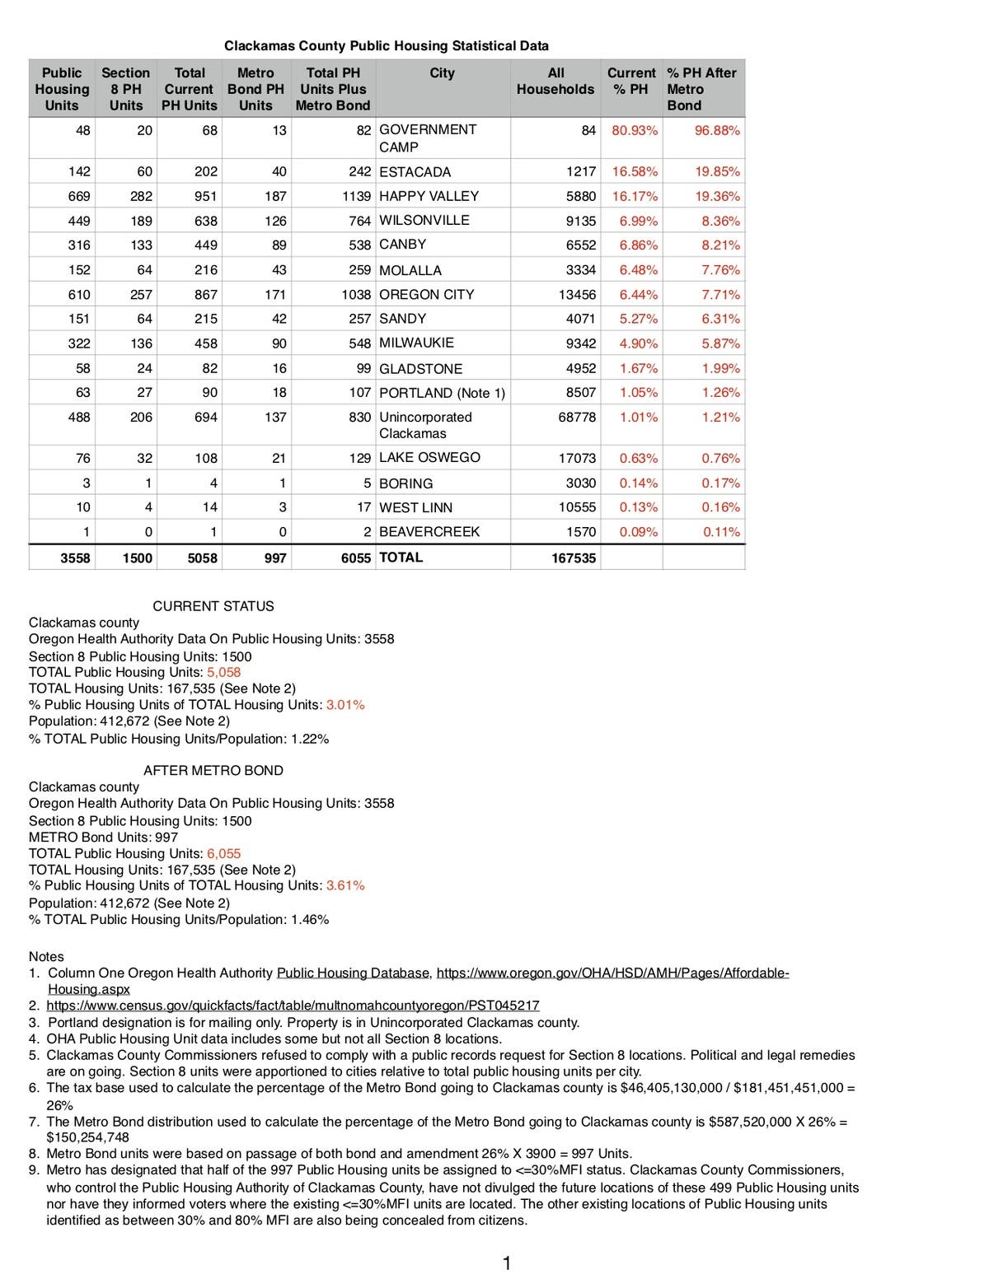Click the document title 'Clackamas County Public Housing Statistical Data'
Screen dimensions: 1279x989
(x=386, y=46)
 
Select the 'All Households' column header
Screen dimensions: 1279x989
(x=555, y=81)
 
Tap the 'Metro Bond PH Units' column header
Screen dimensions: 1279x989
(x=255, y=89)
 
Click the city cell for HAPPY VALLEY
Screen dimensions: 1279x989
(x=429, y=196)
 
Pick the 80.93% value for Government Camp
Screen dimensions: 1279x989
(x=635, y=130)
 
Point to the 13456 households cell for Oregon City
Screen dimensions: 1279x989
(x=577, y=294)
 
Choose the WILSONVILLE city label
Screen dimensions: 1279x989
(x=424, y=221)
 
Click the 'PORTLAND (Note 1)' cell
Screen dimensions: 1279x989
(x=442, y=393)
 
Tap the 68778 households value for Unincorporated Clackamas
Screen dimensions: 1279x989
(x=577, y=418)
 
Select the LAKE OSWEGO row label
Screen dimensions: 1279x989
(x=429, y=458)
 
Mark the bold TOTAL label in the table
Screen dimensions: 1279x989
(x=401, y=558)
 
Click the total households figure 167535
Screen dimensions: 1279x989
(x=574, y=558)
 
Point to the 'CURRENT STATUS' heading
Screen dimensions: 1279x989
(x=213, y=606)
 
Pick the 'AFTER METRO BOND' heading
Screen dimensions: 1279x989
(x=213, y=771)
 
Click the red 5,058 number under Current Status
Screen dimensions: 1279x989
(x=223, y=672)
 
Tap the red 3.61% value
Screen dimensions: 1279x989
(x=345, y=885)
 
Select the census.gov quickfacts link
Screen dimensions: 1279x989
(x=293, y=1006)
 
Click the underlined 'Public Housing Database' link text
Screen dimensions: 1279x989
(x=354, y=973)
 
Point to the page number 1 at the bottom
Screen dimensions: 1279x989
(x=507, y=1263)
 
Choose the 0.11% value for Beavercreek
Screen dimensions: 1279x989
(x=721, y=532)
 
